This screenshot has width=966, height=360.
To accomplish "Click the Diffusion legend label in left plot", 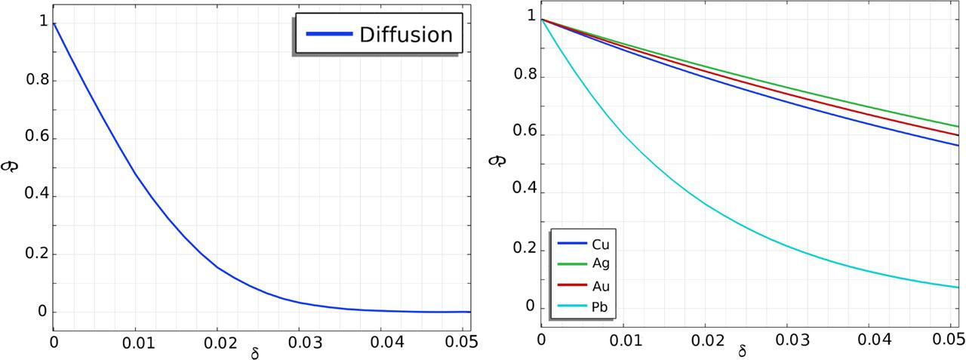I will (x=405, y=35).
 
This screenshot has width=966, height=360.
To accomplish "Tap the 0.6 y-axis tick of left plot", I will (x=32, y=138).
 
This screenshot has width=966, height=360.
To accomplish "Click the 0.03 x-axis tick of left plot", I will (x=300, y=341).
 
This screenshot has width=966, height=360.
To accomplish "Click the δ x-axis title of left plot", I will (x=254, y=352).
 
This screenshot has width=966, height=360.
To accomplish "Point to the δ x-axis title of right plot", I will (x=743, y=350).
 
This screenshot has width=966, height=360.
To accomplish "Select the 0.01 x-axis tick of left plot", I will (x=135, y=341).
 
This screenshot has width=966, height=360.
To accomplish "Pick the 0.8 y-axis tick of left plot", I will (x=32, y=81).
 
